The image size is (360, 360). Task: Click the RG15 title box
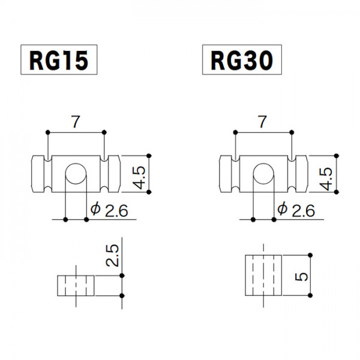point(59,60)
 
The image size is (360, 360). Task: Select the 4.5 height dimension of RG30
point(326,173)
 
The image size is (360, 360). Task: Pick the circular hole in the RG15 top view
point(76,173)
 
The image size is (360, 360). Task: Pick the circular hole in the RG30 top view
point(262,173)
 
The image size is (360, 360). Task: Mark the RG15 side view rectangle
point(76,285)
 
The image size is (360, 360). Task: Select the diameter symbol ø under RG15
point(94,209)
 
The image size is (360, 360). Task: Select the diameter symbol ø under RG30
point(282,209)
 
